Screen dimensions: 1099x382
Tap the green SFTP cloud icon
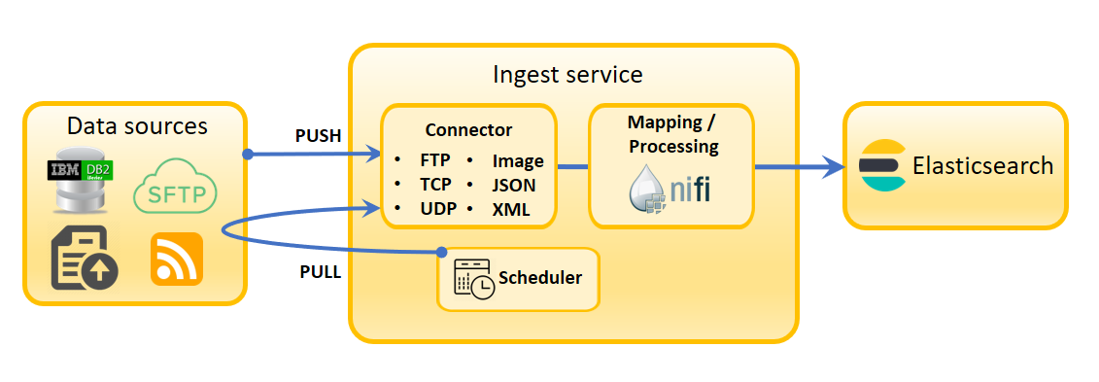[175, 186]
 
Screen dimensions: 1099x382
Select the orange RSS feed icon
[177, 259]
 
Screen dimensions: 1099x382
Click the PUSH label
[318, 136]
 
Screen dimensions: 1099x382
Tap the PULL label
[321, 272]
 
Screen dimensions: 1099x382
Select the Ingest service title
[567, 74]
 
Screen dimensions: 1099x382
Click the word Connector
[469, 130]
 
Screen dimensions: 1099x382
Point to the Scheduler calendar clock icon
[474, 279]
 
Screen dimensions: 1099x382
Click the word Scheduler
[539, 278]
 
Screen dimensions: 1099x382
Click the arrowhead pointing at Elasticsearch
[834, 167]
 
